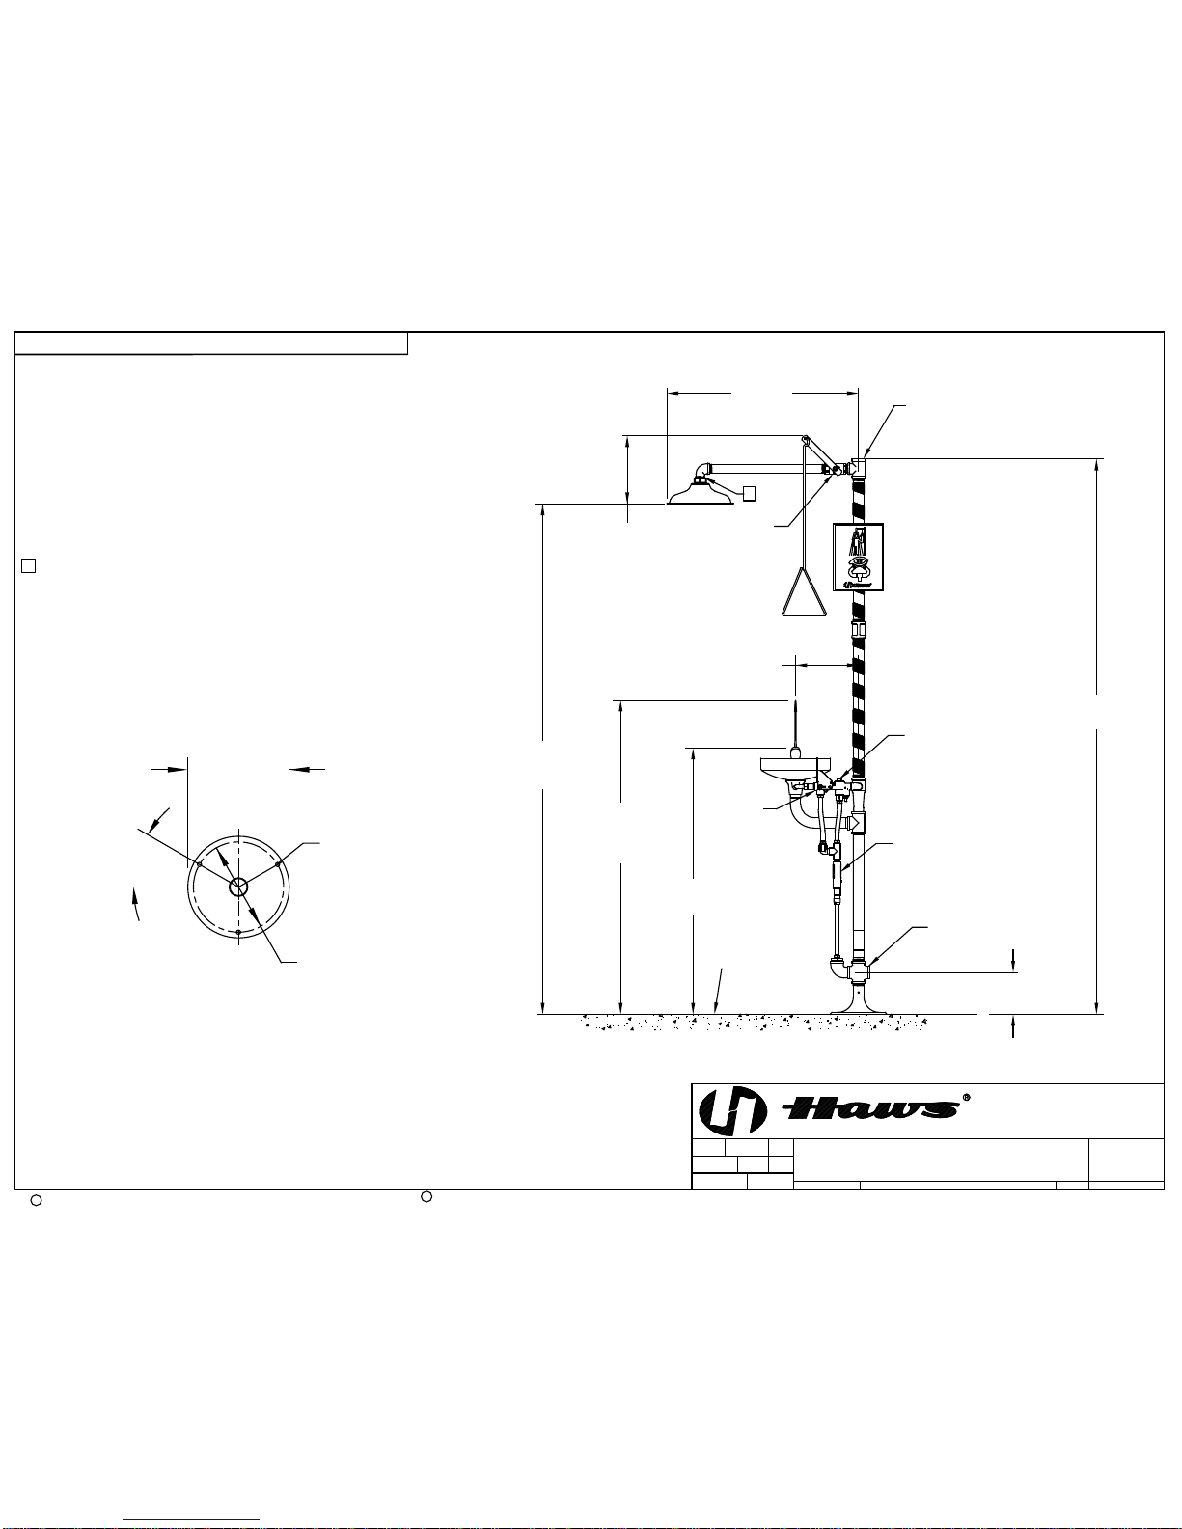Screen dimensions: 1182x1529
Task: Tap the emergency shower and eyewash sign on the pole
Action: point(858,558)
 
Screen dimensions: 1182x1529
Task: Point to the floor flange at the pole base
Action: point(858,999)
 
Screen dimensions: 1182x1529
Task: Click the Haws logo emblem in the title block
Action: point(731,1111)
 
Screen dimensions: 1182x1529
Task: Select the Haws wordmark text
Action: point(871,1109)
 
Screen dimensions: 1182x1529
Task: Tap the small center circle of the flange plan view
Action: point(238,887)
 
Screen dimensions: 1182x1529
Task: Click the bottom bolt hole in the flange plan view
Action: point(238,932)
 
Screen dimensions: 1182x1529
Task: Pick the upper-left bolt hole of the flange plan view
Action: point(200,864)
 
